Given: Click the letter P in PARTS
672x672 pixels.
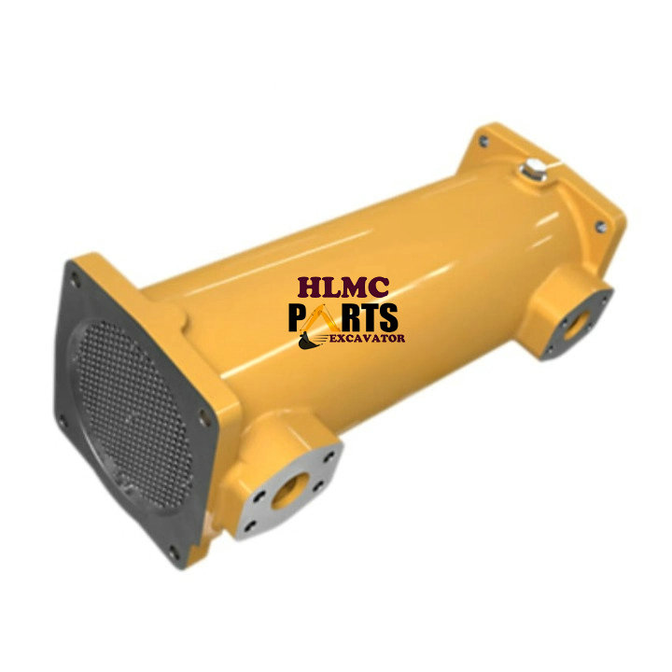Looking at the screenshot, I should point(301,317).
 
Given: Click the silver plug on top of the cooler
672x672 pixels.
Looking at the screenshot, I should point(533,172).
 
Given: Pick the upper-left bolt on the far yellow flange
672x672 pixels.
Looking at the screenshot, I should point(483,142).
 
